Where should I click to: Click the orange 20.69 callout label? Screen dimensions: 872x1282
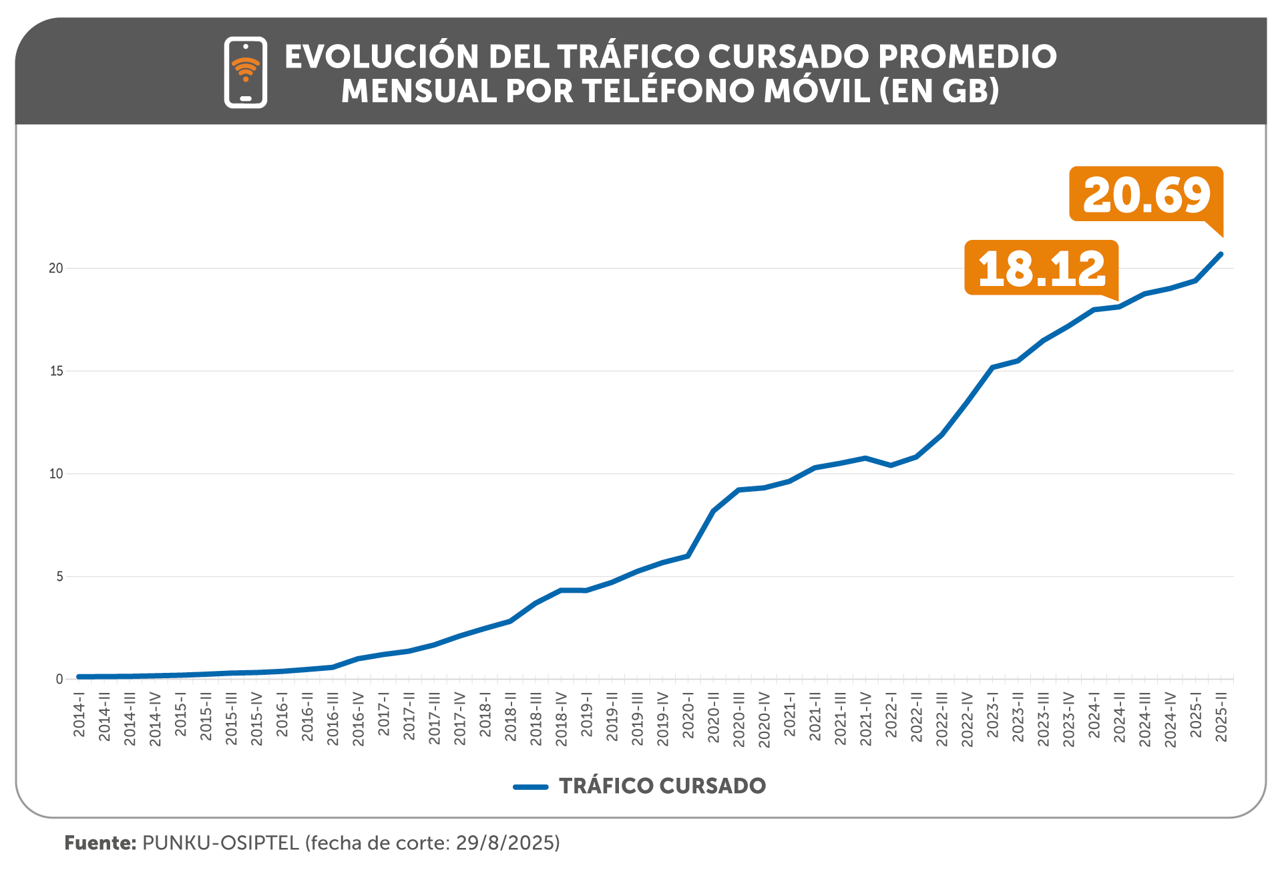tap(1146, 194)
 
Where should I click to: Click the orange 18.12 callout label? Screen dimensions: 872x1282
tap(1041, 268)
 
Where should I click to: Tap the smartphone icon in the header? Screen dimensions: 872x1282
tap(246, 72)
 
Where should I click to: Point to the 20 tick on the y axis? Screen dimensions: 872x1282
tap(56, 269)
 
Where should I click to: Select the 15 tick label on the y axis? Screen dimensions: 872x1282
tap(56, 372)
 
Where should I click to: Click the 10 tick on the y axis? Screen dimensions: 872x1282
tap(56, 474)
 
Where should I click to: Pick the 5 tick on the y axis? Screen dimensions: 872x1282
tap(59, 577)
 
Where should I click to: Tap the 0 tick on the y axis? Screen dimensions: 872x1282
tap(59, 680)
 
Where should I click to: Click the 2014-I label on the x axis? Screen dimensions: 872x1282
tap(79, 716)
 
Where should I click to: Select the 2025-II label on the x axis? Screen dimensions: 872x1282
tap(1221, 717)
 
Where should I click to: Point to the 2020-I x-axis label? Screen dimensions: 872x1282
tap(688, 716)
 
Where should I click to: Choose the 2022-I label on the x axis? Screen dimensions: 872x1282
tap(891, 716)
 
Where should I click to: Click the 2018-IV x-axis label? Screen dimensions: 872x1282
tap(562, 719)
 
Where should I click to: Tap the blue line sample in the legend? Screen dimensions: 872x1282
tap(531, 786)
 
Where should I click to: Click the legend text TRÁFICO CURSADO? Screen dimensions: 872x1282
tap(662, 786)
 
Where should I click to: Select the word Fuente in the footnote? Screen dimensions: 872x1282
tap(100, 843)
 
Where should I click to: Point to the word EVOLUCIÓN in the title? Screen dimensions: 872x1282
tap(382, 57)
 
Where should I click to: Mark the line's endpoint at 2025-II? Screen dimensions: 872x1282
tap(1221, 254)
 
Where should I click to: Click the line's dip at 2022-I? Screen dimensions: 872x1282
tap(891, 465)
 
